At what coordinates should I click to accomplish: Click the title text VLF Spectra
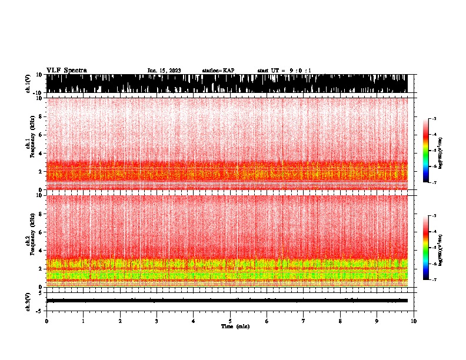pos(66,70)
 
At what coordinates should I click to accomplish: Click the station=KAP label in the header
pos(218,71)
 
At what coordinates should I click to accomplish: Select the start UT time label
pos(284,71)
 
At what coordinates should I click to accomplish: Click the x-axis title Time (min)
pos(234,326)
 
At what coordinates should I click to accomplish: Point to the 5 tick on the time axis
pos(230,321)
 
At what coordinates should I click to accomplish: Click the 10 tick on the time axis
pos(414,321)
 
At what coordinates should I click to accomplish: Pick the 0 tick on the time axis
pos(46,321)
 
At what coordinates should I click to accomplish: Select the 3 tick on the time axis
pos(157,321)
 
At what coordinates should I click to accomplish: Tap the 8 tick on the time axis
pos(340,321)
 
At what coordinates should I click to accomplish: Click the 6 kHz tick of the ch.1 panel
pos(41,135)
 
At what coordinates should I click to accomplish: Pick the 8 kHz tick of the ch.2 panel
pos(41,214)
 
